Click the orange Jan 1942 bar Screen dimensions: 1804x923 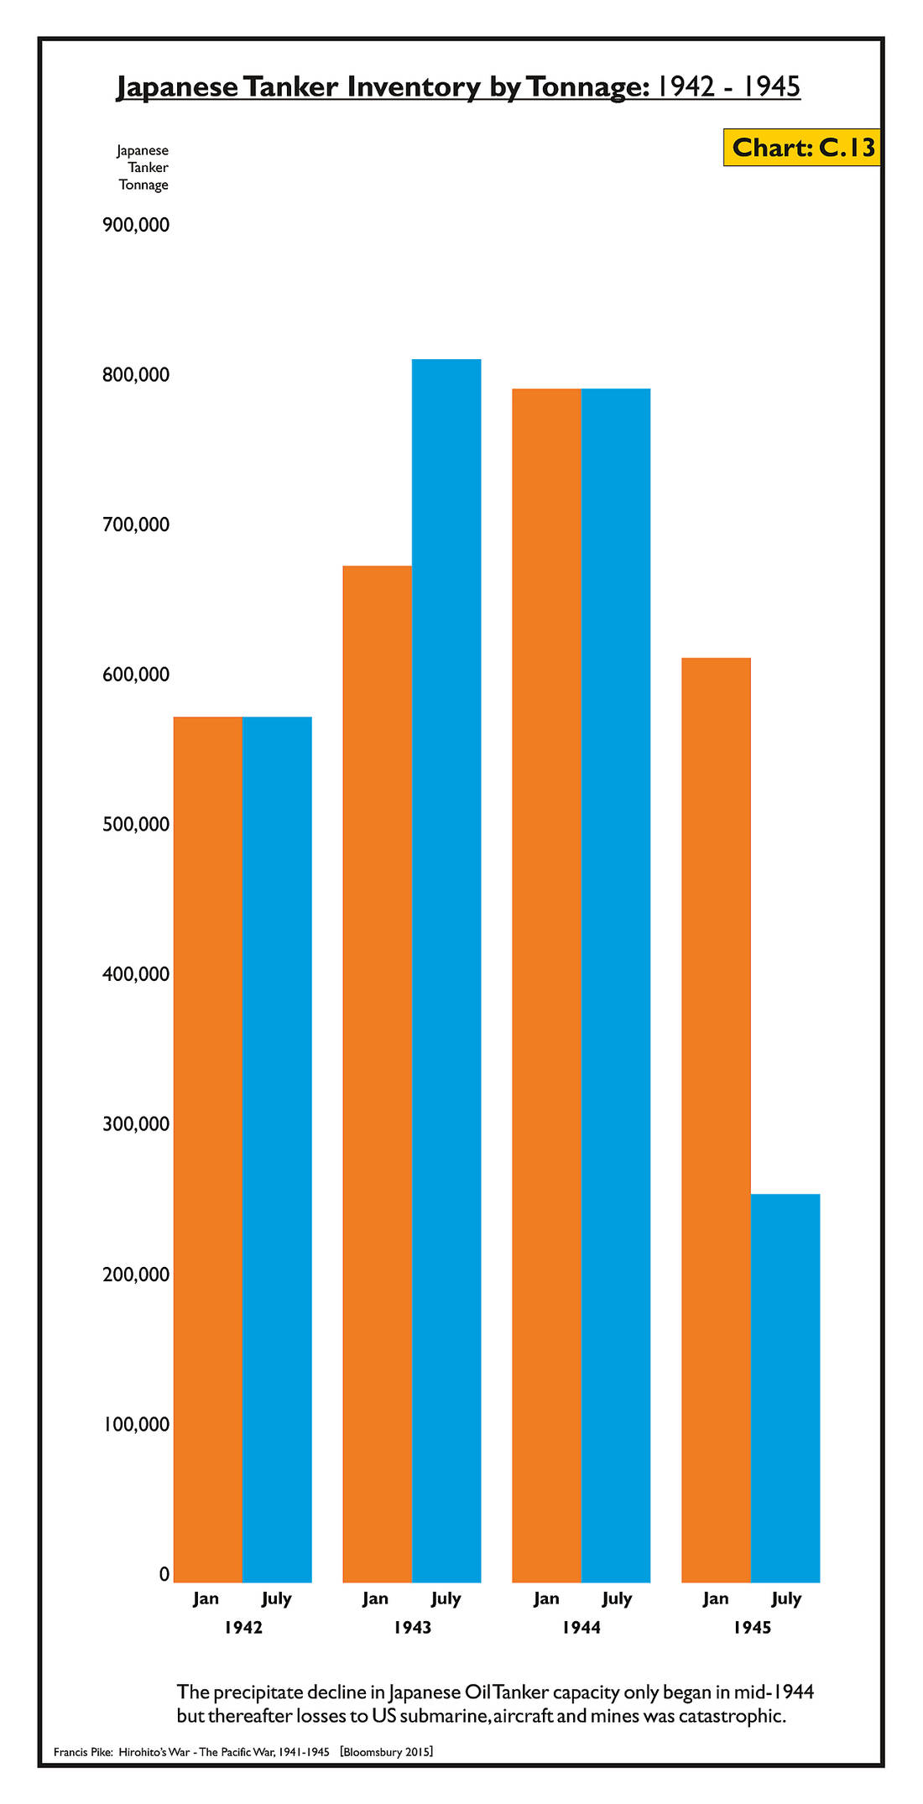208,1150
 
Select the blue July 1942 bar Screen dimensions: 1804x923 277,1150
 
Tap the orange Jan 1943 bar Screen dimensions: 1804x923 378,1074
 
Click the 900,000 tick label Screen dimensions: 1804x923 136,225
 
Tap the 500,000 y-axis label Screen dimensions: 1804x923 136,824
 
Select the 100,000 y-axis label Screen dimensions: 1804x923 136,1424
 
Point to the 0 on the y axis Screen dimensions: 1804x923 164,1574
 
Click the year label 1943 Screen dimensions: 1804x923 412,1628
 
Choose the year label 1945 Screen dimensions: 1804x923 752,1628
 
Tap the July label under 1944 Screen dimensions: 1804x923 617,1598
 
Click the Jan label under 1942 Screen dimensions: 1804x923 206,1598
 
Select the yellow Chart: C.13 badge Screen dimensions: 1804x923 802,148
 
